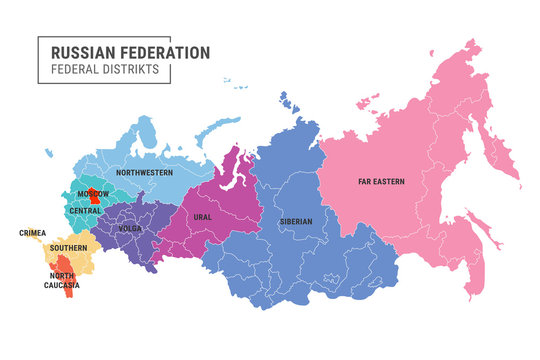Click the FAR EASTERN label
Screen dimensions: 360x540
[380, 182]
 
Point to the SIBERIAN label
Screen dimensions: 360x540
[296, 221]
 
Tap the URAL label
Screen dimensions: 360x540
[202, 216]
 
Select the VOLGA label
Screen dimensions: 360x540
[130, 227]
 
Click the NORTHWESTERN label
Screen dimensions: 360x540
[143, 173]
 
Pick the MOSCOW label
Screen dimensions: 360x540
[93, 192]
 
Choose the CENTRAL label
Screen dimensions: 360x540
[84, 211]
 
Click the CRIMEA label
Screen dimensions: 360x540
[32, 233]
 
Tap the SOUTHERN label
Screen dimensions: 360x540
[69, 247]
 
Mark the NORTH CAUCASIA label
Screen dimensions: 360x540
[63, 281]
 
